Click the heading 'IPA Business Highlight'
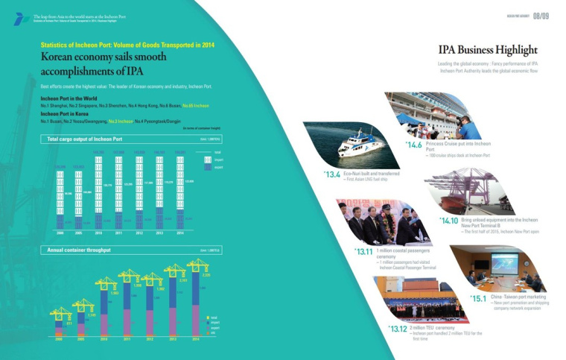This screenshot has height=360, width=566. [x=488, y=51]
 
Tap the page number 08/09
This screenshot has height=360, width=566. [x=541, y=16]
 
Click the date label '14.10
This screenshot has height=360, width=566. [x=448, y=221]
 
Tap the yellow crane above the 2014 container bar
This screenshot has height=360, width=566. [x=197, y=265]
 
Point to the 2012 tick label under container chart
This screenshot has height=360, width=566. [x=150, y=339]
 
